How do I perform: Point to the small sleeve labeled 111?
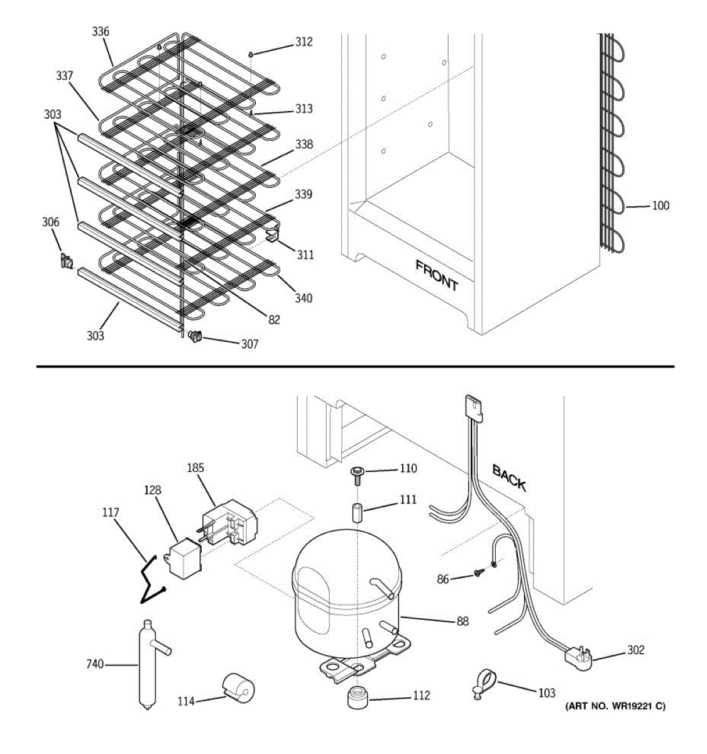tap(357, 512)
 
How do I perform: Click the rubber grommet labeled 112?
tap(358, 697)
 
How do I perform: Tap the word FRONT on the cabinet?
tap(437, 276)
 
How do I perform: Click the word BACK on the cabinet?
tap(509, 478)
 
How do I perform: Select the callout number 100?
tap(660, 205)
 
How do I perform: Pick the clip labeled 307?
tap(195, 336)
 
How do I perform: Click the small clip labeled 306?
tap(67, 261)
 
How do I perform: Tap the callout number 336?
tap(101, 31)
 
